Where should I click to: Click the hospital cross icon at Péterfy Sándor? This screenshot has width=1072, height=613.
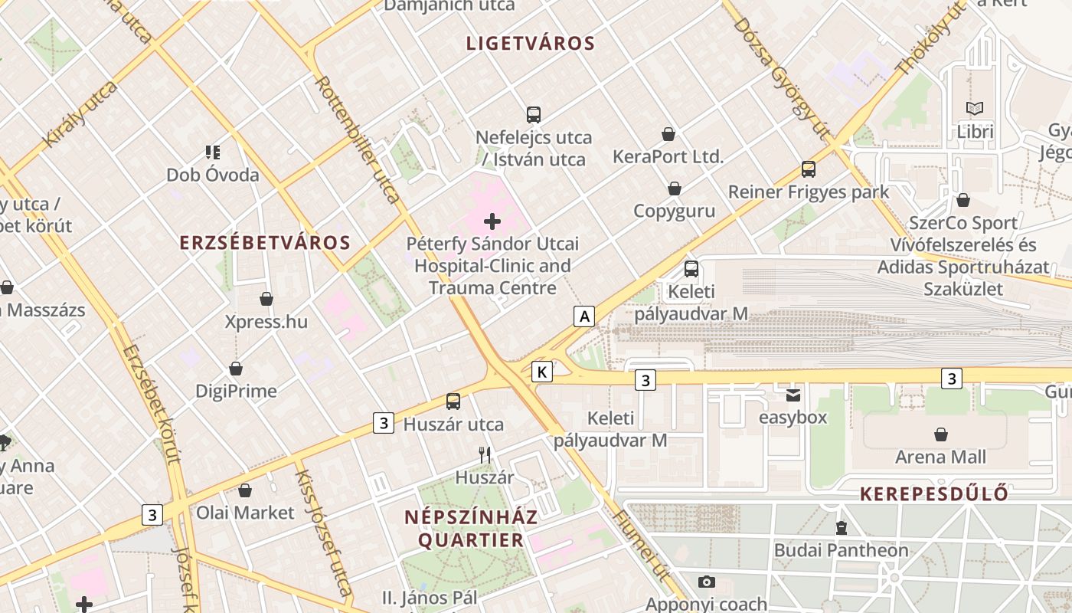(x=492, y=222)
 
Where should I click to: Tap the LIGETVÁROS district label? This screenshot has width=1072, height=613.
(x=531, y=44)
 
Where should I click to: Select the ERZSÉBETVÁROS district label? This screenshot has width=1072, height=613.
(x=265, y=243)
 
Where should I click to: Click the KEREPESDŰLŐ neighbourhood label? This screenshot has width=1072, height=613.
(x=933, y=493)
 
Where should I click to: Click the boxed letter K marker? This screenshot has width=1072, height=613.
(x=542, y=372)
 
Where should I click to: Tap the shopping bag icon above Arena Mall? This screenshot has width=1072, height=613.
(x=941, y=434)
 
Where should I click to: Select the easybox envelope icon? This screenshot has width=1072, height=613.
(x=793, y=395)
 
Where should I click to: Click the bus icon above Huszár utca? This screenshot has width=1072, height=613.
(x=453, y=401)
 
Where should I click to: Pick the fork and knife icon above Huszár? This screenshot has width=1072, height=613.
(x=485, y=455)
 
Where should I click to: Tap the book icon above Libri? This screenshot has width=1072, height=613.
(x=975, y=109)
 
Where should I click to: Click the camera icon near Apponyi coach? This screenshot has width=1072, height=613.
(x=706, y=582)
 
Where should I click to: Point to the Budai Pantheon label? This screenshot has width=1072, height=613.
(x=841, y=550)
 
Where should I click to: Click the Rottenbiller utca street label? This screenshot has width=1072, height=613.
(x=358, y=139)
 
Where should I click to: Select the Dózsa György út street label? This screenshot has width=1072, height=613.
(x=781, y=78)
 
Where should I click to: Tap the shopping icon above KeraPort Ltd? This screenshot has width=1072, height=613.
(x=668, y=134)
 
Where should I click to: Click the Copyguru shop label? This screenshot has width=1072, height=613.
(x=674, y=211)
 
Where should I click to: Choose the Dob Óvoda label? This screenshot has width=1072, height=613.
(x=213, y=175)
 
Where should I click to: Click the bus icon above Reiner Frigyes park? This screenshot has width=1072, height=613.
(x=809, y=169)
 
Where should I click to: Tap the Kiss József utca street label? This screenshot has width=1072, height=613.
(x=323, y=533)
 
